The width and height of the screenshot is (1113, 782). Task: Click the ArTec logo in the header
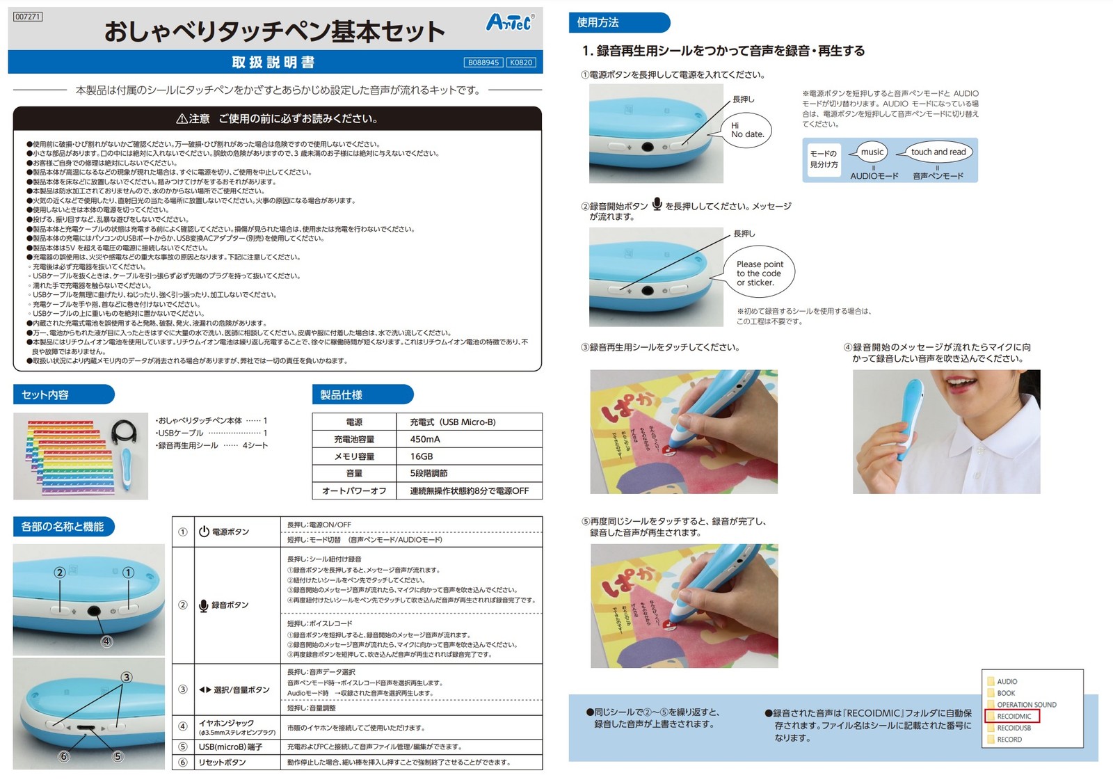click(510, 22)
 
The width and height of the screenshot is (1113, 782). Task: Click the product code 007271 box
click(28, 17)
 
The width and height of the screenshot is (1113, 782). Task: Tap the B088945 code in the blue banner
click(483, 63)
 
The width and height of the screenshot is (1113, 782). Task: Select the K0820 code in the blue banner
click(521, 63)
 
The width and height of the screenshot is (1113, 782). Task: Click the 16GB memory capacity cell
click(422, 456)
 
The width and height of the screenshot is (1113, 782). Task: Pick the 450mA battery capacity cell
click(425, 439)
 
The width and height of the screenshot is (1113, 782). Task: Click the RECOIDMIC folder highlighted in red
click(1014, 716)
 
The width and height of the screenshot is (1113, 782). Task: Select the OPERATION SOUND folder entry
click(1025, 705)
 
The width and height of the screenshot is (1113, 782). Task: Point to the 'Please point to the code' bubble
click(760, 273)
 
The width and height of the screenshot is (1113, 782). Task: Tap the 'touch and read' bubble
click(938, 152)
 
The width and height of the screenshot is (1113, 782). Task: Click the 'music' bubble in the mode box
click(872, 152)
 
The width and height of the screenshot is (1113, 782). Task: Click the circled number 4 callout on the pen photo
click(106, 641)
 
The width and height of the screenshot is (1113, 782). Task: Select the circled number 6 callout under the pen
click(64, 757)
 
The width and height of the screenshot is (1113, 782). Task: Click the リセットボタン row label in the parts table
click(222, 762)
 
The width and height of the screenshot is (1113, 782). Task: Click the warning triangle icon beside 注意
click(182, 119)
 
